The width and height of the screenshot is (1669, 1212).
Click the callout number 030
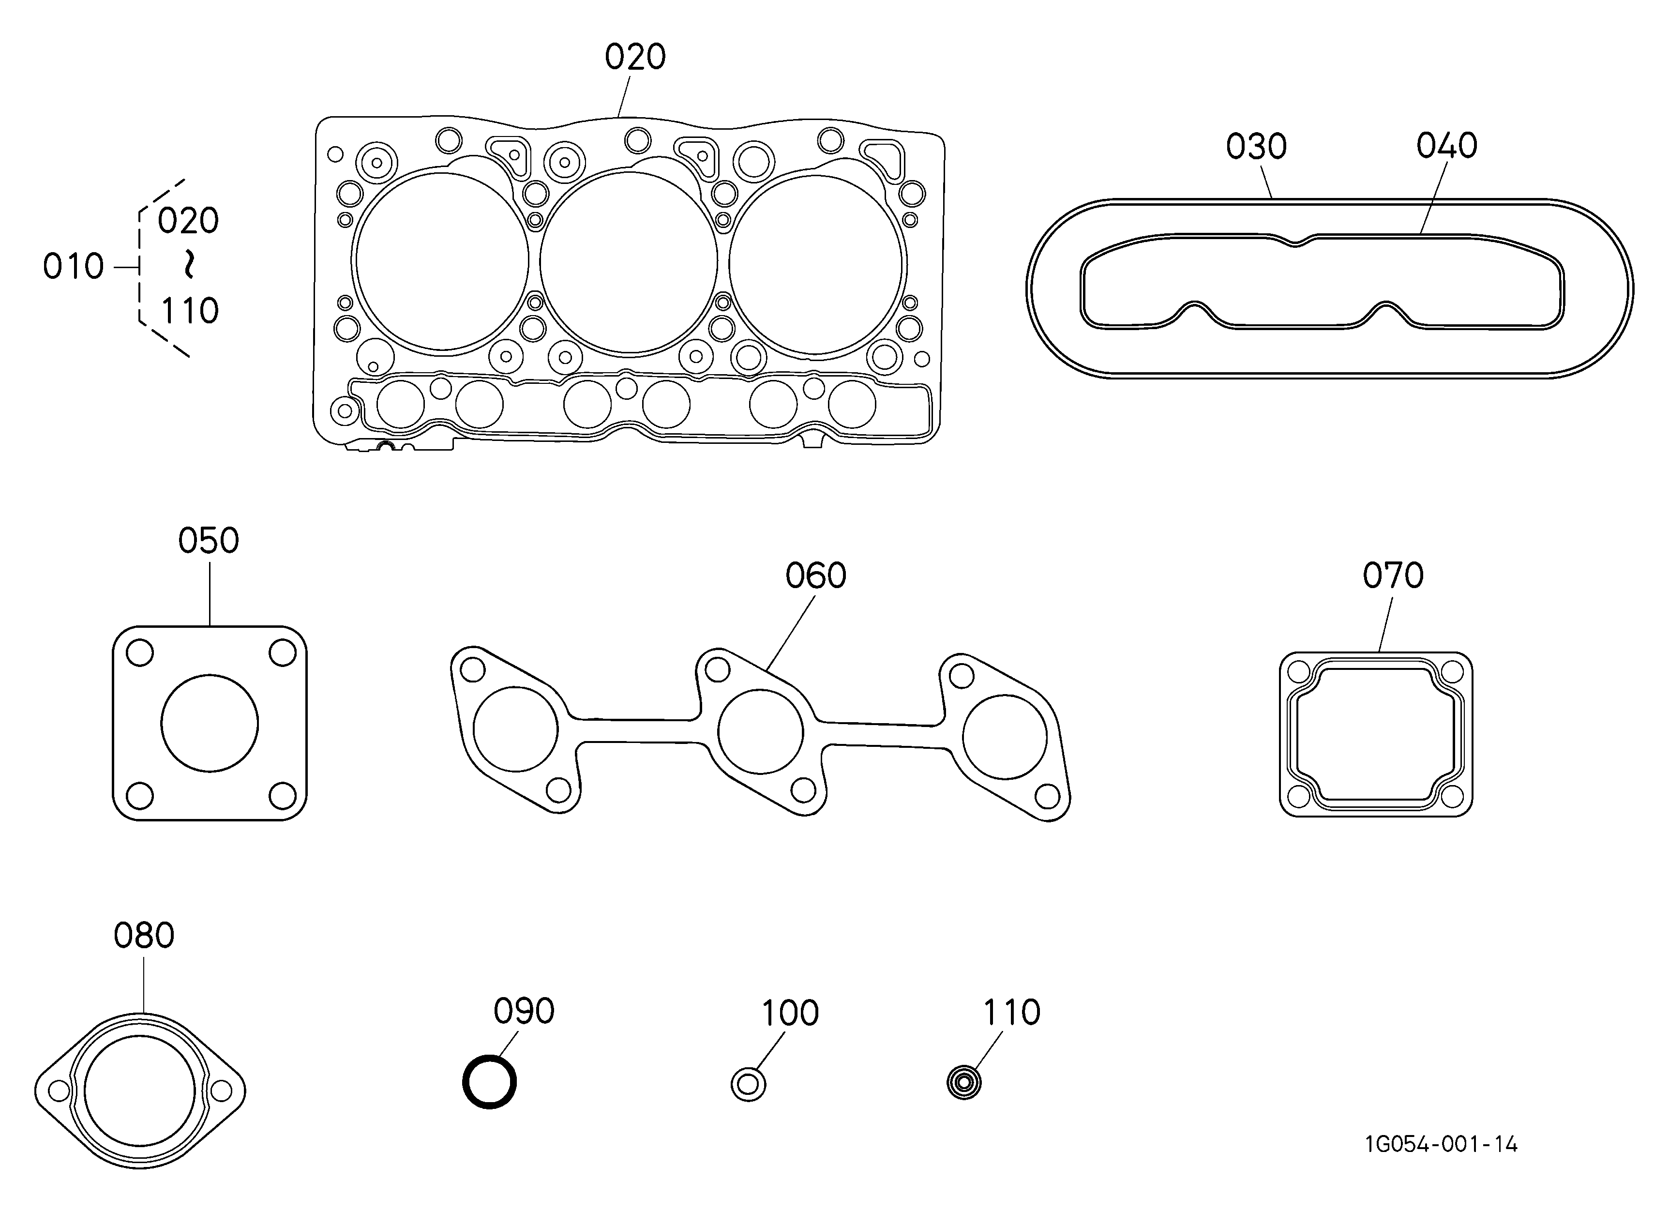1256,147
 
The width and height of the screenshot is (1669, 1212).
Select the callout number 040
1447,146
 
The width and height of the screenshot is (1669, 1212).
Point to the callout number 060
815,576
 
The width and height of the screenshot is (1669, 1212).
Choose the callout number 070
1393,576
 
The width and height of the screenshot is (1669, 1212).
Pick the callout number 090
524,1011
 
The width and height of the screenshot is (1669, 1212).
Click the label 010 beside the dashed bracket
73,266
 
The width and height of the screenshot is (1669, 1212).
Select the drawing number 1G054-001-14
1441,1144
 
